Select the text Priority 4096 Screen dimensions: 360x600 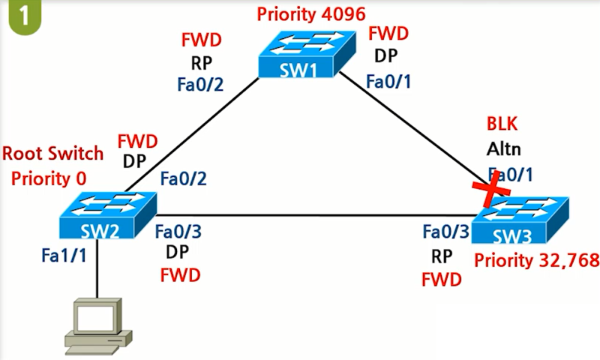[310, 14]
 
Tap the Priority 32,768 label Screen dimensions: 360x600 [537, 260]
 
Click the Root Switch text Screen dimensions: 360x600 [52, 154]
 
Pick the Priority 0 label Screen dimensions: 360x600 [49, 178]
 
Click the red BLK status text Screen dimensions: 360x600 [502, 124]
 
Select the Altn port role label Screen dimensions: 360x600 [502, 148]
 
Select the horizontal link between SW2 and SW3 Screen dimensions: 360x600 [300, 217]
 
